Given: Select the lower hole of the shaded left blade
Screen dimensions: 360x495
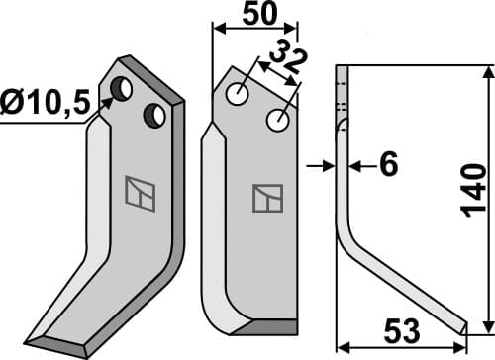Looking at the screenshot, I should (154, 116).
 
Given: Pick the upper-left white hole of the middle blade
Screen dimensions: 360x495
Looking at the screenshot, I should (238, 94).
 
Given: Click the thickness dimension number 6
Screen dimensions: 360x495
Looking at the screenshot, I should (388, 165).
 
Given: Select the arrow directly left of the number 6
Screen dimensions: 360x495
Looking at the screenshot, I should (358, 166).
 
